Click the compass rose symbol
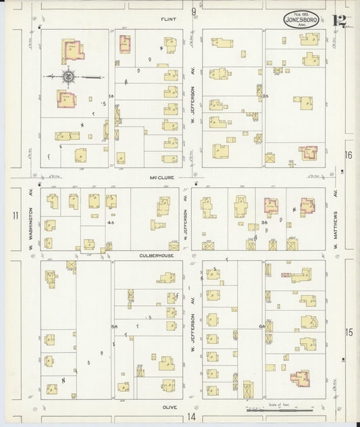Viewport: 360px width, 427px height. (x=69, y=77)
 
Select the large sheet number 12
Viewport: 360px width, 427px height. (x=340, y=20)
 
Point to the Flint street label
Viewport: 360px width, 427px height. (x=168, y=20)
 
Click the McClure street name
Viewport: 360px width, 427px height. (x=161, y=178)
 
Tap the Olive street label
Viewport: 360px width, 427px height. (x=168, y=407)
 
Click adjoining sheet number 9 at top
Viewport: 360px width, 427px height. (x=193, y=11)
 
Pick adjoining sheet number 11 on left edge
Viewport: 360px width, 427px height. (x=15, y=216)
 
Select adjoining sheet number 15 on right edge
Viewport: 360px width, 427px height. (x=349, y=332)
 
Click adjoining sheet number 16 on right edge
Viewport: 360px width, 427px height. (x=349, y=155)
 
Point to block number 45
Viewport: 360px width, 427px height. (x=109, y=222)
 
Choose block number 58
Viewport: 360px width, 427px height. (x=115, y=326)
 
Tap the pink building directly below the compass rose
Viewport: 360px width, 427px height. (x=66, y=99)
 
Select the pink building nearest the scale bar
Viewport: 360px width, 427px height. (x=299, y=378)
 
